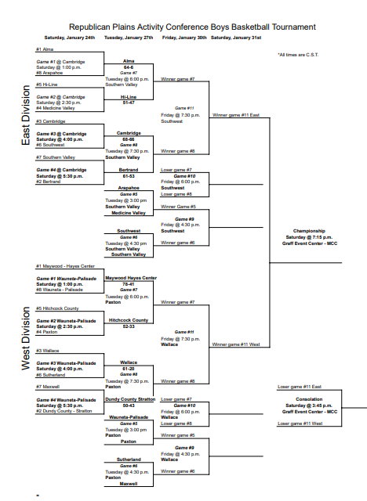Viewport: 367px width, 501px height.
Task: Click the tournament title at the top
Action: (x=193, y=27)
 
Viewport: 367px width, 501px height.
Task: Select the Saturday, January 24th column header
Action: (x=70, y=38)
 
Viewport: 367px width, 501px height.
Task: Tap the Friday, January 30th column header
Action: (x=184, y=38)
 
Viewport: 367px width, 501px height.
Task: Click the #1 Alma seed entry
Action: (x=44, y=49)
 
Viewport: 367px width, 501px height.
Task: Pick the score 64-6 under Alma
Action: (x=129, y=67)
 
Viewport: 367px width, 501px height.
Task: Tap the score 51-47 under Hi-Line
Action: (x=129, y=102)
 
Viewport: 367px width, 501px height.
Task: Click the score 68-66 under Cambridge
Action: (x=129, y=139)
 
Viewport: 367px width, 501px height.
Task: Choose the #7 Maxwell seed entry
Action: (x=49, y=387)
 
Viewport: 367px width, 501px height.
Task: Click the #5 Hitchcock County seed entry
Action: (x=56, y=308)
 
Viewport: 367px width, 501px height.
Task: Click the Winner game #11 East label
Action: (x=236, y=115)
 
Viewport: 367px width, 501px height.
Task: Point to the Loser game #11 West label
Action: (x=300, y=424)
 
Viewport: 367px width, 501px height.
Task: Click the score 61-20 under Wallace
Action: (x=129, y=369)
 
